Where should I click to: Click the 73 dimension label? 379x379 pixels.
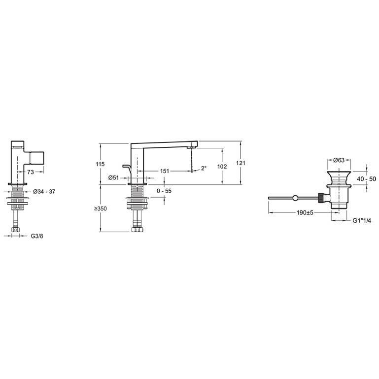[31, 172]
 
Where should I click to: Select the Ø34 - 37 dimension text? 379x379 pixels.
[44, 191]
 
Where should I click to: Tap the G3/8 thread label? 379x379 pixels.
[37, 236]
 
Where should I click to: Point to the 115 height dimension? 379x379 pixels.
[100, 164]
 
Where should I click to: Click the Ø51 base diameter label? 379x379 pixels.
[114, 177]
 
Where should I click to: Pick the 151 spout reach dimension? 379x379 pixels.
[165, 171]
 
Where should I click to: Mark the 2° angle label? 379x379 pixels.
[204, 168]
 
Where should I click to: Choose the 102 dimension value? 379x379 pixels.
[222, 166]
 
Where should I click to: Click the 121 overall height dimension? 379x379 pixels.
[241, 163]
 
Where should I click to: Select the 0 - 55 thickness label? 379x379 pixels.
[164, 191]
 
